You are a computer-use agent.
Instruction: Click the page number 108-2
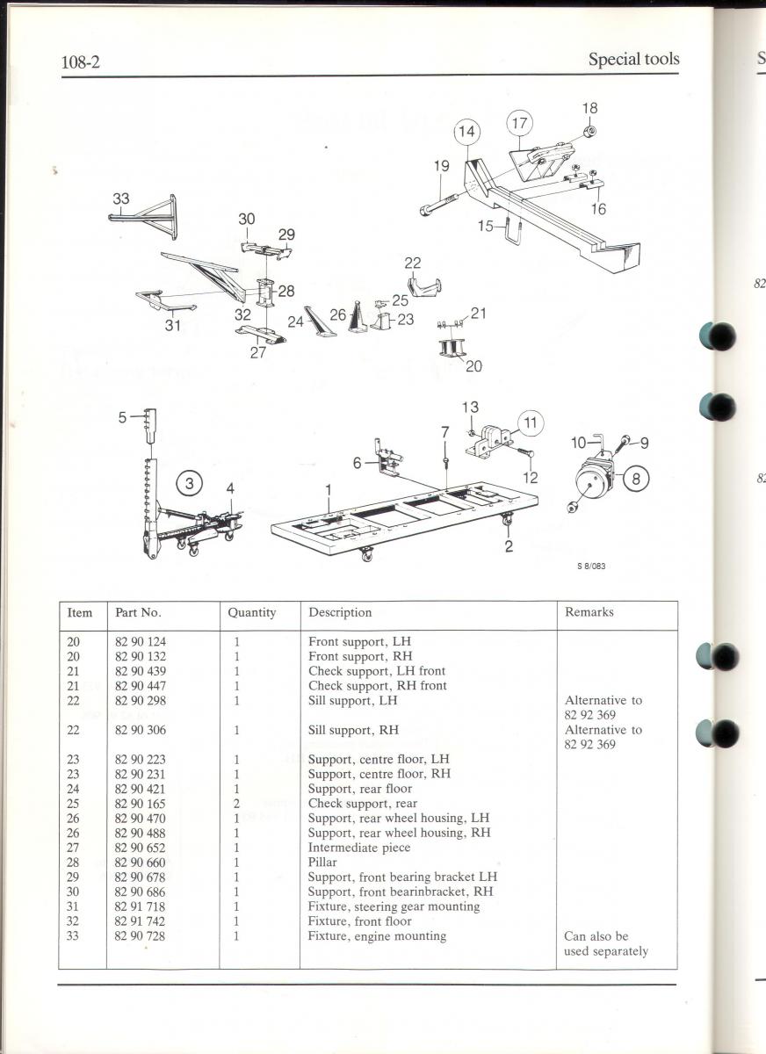[81, 61]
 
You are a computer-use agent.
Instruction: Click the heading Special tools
[633, 59]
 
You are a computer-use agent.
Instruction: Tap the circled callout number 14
[466, 131]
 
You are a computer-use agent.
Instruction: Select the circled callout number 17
[519, 123]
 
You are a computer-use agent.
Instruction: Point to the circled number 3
[189, 483]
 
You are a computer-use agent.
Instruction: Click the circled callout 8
[636, 479]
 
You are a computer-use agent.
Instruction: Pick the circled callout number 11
[531, 422]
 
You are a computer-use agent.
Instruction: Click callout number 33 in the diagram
[121, 199]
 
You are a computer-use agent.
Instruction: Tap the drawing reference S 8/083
[591, 566]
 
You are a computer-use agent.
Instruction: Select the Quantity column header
[252, 612]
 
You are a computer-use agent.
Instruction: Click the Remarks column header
[589, 611]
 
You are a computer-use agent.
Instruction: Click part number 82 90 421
[141, 789]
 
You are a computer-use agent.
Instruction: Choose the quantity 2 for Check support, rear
[236, 803]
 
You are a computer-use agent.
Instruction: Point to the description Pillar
[322, 862]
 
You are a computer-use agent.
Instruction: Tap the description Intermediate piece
[359, 848]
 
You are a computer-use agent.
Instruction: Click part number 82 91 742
[141, 920]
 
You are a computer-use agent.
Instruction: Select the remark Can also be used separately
[606, 943]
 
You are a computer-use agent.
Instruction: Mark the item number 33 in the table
[72, 936]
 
